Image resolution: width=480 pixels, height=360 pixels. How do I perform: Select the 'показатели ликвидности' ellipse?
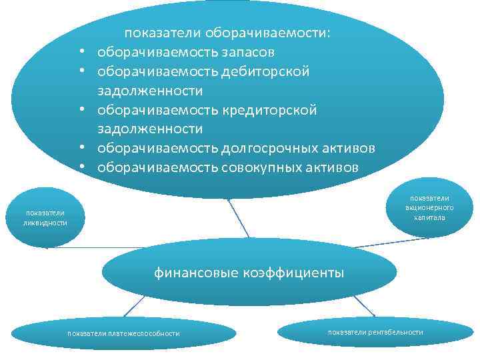coord(45,217)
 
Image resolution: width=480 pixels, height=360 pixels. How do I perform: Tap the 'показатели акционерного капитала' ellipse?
coord(429,207)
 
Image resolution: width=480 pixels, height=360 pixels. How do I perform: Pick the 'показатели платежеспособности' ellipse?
coord(123,333)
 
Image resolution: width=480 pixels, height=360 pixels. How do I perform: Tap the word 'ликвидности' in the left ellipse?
coord(45,222)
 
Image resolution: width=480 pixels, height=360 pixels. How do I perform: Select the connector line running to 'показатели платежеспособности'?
coord(134,306)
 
